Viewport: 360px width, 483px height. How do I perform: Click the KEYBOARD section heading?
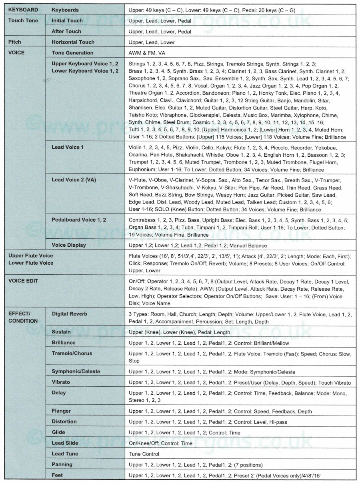(23, 10)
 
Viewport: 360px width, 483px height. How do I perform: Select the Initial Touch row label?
(67, 20)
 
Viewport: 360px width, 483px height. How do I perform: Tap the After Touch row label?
(66, 31)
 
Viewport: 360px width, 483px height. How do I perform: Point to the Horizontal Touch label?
(73, 42)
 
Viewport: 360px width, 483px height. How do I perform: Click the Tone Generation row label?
(72, 53)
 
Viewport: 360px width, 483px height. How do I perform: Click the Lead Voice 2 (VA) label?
(74, 180)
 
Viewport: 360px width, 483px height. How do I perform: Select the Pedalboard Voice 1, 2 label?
(79, 220)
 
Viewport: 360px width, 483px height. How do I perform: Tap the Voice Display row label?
(69, 245)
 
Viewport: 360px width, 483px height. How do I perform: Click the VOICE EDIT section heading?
(23, 281)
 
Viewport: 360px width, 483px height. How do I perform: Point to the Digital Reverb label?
(69, 314)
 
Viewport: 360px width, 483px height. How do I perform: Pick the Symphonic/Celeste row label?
(76, 371)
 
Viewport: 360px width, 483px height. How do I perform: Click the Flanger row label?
(61, 411)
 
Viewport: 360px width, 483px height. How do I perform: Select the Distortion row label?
(64, 421)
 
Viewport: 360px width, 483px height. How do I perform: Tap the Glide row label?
(58, 432)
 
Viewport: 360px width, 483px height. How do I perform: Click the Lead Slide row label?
(65, 443)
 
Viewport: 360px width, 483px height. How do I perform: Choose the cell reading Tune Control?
(144, 454)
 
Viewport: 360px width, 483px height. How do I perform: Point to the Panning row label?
(62, 465)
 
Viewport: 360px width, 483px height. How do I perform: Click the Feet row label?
(57, 475)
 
